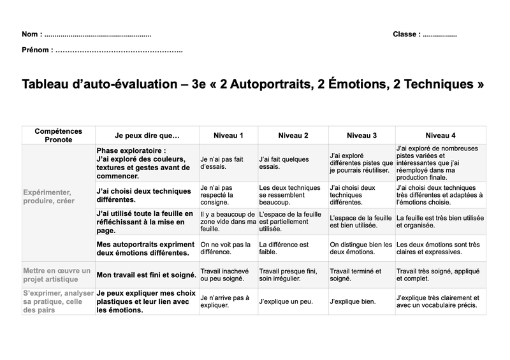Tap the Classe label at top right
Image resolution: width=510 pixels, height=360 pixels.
pos(405,34)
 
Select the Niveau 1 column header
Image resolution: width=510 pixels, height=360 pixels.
pos(228,135)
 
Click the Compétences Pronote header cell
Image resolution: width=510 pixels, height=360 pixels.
pos(58,135)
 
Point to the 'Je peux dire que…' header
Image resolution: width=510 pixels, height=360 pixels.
pos(147,135)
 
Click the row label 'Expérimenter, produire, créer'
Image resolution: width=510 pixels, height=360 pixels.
pos(48,196)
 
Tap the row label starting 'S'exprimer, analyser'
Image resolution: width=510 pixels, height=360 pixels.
pos(55,301)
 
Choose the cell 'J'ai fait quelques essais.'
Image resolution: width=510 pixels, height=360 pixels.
pos(283,162)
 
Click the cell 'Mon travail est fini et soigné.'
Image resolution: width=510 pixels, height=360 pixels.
pos(146,275)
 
